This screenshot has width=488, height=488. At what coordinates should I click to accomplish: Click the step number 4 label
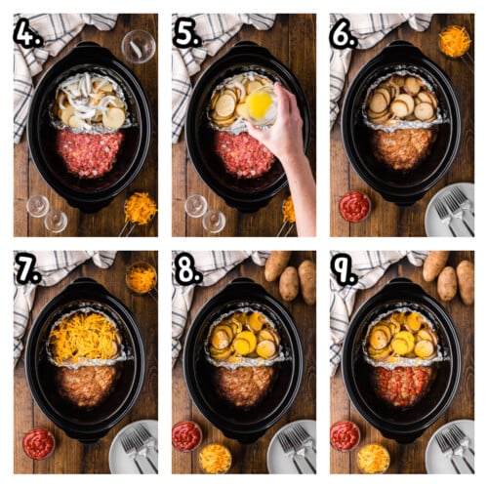tap(27, 34)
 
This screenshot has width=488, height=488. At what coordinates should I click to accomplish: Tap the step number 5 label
tap(186, 34)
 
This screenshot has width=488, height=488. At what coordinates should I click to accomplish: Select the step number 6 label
tap(344, 34)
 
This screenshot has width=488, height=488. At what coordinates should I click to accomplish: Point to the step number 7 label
tap(27, 270)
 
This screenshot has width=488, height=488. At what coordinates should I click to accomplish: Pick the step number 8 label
tap(186, 270)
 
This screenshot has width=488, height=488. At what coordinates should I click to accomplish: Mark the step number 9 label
tap(344, 270)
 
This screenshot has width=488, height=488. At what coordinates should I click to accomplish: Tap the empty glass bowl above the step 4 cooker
tap(138, 45)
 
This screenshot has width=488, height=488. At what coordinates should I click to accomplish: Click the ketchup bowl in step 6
tap(354, 206)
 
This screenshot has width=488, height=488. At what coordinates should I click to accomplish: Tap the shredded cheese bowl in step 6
tap(454, 41)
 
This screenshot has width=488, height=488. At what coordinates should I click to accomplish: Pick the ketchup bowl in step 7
tap(38, 443)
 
